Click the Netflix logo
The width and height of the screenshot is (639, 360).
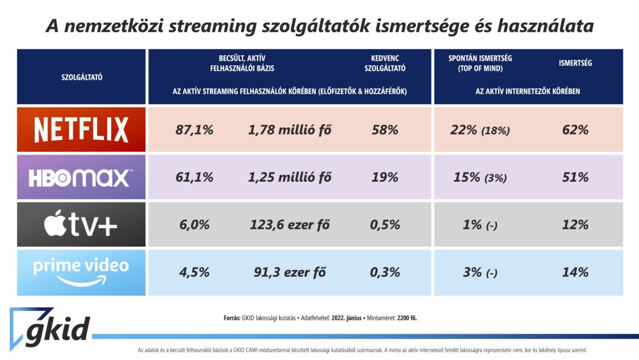point(81,130)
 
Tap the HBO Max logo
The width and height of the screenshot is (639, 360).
point(81,177)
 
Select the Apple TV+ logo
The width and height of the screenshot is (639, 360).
point(81,225)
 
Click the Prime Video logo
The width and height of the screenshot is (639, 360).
point(81,272)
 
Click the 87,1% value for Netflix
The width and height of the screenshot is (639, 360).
point(194,130)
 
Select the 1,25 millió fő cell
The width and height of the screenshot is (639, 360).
point(290,177)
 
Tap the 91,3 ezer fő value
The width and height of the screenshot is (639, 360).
point(290,272)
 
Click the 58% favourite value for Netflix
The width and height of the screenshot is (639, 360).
point(385,130)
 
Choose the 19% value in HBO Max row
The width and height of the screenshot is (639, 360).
point(385,177)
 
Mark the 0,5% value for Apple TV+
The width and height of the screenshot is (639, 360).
point(385,225)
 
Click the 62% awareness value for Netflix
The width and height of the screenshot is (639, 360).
point(575,130)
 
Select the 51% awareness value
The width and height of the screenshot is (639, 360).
point(575,177)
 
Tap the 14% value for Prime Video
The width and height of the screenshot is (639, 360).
point(575,272)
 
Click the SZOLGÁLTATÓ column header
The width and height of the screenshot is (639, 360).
point(82,77)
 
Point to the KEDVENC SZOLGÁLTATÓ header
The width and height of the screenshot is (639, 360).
point(385,63)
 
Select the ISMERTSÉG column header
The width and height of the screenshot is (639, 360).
point(575,63)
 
